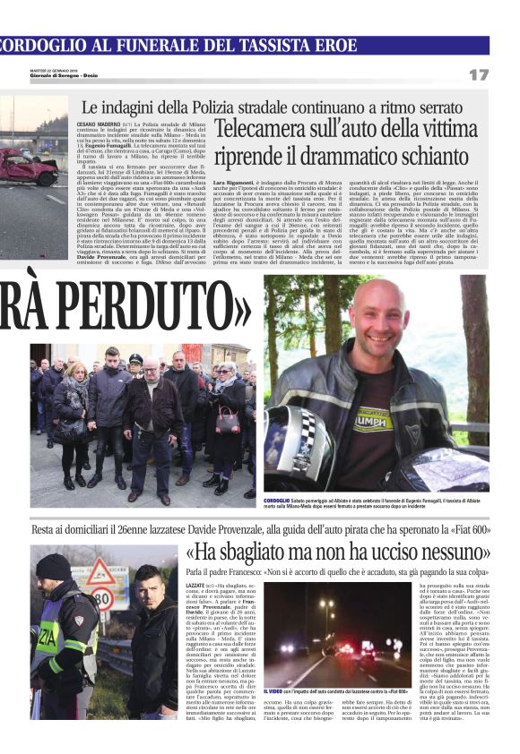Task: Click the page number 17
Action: (x=479, y=74)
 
